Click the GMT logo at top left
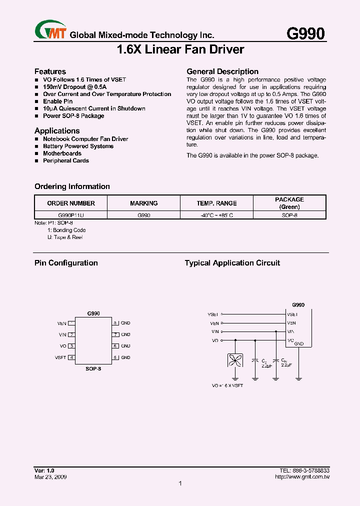click(50, 29)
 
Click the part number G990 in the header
click(305, 33)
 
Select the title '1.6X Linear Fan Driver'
click(180, 49)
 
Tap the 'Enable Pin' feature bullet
click(57, 101)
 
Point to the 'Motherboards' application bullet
click(62, 153)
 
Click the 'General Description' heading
click(222, 71)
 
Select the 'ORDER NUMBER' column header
click(71, 203)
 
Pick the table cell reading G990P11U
click(71, 215)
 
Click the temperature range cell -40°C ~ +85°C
click(216, 215)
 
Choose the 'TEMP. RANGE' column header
click(216, 203)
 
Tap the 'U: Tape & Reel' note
click(65, 237)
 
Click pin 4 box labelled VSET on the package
click(72, 357)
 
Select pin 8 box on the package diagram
click(115, 323)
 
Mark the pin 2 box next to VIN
click(72, 335)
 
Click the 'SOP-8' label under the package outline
click(93, 368)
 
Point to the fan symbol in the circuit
click(235, 361)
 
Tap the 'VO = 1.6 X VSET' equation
click(227, 386)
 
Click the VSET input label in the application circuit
click(213, 314)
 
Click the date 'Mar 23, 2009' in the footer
click(50, 477)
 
